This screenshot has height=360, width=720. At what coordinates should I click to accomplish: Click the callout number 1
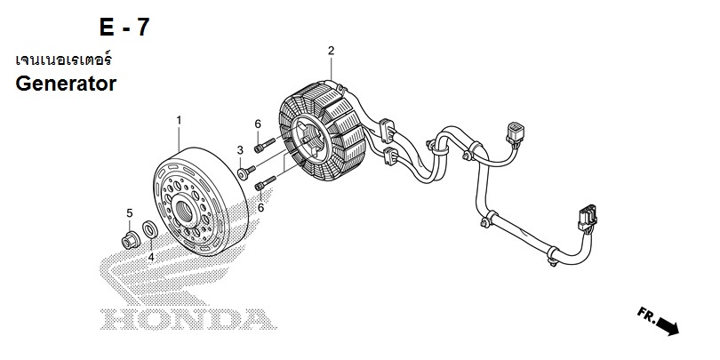[179, 120]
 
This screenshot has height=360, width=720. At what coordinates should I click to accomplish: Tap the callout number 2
[331, 51]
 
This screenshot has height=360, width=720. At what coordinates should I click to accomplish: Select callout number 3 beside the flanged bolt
[240, 150]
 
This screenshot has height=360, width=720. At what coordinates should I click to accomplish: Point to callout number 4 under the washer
[151, 258]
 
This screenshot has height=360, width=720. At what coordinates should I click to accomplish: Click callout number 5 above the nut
[130, 213]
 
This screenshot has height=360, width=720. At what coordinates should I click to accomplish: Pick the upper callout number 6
[258, 124]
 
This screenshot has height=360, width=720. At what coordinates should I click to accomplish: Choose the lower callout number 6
[260, 207]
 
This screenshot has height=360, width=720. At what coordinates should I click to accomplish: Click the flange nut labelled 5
[131, 241]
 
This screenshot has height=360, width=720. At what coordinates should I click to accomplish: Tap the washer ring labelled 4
[150, 229]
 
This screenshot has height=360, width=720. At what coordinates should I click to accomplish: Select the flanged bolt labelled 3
[246, 172]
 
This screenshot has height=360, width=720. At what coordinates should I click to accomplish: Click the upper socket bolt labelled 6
[265, 145]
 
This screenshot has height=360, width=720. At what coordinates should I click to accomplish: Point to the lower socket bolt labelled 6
[265, 183]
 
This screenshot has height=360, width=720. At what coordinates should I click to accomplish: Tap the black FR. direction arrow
[668, 326]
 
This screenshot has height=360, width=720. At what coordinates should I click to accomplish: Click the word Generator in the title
[66, 84]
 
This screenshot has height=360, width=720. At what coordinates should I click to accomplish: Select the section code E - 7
[124, 27]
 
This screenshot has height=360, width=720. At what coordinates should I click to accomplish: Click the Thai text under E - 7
[63, 60]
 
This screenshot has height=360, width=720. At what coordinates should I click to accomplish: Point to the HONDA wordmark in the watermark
[188, 320]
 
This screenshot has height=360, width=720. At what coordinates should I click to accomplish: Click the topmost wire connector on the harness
[515, 131]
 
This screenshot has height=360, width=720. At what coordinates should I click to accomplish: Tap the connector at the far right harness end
[587, 217]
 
